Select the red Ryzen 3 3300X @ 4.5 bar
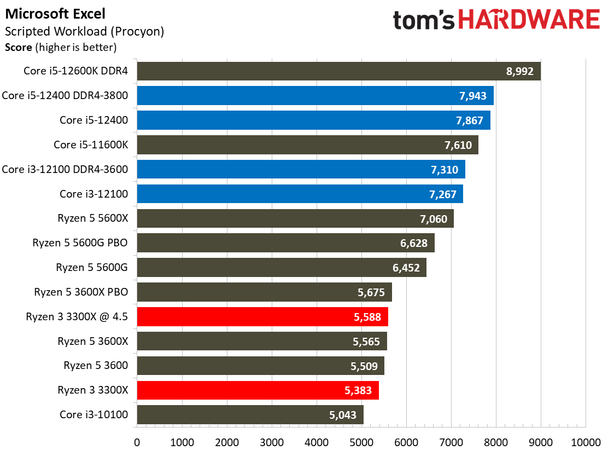(x=262, y=317)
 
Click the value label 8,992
(x=519, y=72)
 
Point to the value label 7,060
(x=434, y=219)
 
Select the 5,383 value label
(x=358, y=390)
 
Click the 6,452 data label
(x=406, y=268)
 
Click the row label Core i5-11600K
(x=91, y=145)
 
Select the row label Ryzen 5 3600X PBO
(x=81, y=292)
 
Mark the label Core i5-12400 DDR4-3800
(x=65, y=95)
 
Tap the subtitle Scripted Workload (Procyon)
(x=84, y=32)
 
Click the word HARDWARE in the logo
(x=529, y=20)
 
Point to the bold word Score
(x=18, y=48)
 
